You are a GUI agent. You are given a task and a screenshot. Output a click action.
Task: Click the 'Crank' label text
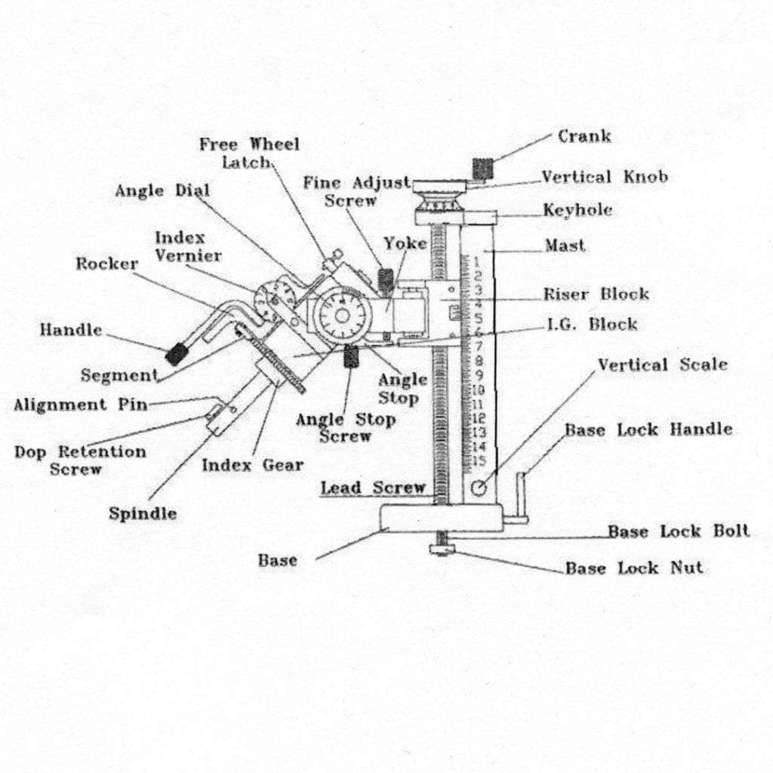(x=584, y=137)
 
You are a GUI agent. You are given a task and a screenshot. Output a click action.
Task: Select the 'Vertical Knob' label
(x=604, y=177)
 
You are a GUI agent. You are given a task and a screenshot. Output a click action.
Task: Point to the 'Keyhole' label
(x=577, y=211)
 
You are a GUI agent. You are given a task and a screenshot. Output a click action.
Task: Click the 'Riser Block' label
(x=596, y=294)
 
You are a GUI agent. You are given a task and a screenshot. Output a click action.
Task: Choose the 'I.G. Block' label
(x=592, y=325)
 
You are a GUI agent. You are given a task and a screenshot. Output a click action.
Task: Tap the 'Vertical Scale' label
(x=662, y=365)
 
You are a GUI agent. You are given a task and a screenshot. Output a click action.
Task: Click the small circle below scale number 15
(x=478, y=488)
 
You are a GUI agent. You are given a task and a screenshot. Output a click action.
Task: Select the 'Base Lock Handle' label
(x=648, y=430)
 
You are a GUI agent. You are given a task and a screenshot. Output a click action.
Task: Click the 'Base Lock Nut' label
(x=633, y=568)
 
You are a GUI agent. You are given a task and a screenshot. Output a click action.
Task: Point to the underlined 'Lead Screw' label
(x=373, y=488)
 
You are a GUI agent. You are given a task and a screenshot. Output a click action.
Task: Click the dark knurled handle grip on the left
(x=177, y=353)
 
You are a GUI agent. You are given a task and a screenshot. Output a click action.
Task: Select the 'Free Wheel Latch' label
(x=249, y=152)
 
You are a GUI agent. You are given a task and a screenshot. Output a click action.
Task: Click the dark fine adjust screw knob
(x=386, y=279)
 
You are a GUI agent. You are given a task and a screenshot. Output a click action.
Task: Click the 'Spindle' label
(x=143, y=514)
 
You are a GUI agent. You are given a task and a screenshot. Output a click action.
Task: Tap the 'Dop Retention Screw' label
(x=79, y=460)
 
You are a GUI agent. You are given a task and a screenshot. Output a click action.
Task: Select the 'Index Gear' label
(x=252, y=465)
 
